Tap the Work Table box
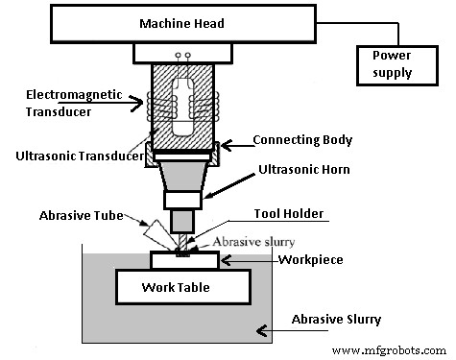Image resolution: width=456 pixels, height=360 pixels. pyautogui.click(x=183, y=287)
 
